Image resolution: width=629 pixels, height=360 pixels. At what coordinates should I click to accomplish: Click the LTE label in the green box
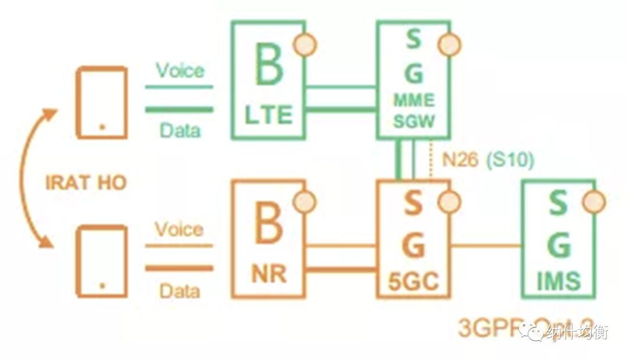[268, 115]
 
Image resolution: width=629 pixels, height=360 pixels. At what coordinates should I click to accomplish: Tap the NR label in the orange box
[268, 274]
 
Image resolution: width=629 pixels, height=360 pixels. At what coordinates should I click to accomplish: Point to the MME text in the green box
[413, 100]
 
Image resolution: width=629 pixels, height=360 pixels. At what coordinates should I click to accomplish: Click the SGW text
[413, 121]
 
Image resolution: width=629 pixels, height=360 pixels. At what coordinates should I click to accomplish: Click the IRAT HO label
[85, 182]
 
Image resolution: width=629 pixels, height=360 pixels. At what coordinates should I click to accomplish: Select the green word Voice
[180, 71]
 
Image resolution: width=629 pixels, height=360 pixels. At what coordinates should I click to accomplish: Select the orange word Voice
[179, 230]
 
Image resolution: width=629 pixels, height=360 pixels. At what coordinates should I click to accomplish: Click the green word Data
[180, 130]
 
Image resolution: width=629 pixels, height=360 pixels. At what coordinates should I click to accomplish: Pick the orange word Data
[180, 290]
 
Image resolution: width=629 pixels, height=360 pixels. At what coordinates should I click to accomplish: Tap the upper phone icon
[103, 102]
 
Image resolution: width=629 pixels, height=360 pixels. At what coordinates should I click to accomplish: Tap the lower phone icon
[103, 260]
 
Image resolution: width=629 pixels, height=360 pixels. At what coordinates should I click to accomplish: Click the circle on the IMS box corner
[594, 202]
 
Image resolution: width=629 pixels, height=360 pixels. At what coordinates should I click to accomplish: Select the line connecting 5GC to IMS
[486, 245]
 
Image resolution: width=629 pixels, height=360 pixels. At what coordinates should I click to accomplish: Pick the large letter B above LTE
[268, 66]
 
